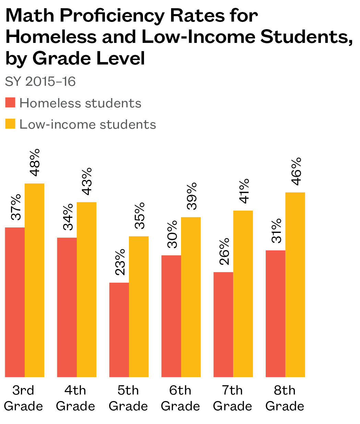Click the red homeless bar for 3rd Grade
coord(15,302)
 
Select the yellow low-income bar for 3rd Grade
coord(35,280)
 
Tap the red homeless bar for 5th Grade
coord(119,330)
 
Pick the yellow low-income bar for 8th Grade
coord(295,285)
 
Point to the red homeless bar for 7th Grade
coord(223,325)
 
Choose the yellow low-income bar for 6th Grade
coord(191,297)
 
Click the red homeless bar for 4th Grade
coord(67,307)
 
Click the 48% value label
coord(34,163)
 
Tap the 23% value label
coord(120,262)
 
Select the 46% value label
coord(296,171)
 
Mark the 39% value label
coord(191,196)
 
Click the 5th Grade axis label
coord(128,398)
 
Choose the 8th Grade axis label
coord(285,398)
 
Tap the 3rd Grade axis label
coord(23,398)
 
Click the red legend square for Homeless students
coord(10,103)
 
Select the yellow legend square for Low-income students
coord(10,124)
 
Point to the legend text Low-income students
coord(87,124)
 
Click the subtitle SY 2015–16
coord(40,82)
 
